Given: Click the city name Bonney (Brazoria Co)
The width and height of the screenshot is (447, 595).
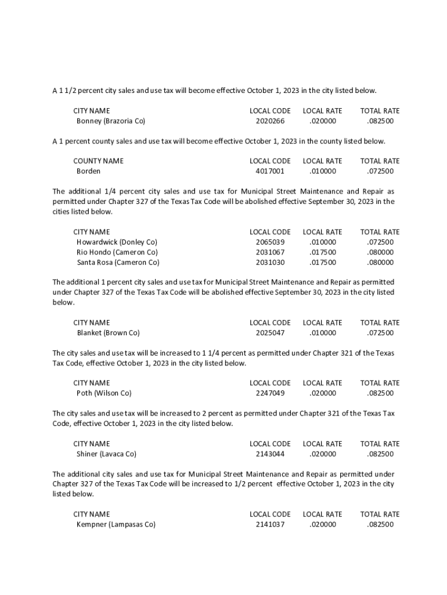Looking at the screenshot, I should [x=110, y=121].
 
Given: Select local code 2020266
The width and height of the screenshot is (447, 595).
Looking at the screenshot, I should [x=270, y=121].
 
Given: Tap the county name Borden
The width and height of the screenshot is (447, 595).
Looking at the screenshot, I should [x=88, y=171].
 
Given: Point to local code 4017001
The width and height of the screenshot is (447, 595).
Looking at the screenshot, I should [x=270, y=171].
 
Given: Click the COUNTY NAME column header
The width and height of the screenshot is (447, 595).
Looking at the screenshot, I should [x=98, y=160].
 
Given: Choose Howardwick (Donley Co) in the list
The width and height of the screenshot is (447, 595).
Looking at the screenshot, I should [x=117, y=242].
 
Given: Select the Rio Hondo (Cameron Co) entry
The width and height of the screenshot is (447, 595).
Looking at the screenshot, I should [x=117, y=252].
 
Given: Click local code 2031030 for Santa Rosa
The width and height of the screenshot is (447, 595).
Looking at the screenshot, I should [x=270, y=263].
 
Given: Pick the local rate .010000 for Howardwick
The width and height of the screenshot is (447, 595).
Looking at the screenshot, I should [x=322, y=242].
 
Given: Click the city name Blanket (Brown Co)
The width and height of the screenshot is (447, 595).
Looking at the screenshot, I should [x=108, y=333].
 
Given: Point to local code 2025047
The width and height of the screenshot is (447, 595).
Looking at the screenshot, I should [x=270, y=333].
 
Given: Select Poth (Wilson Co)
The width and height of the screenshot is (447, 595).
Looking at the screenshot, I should [x=104, y=393].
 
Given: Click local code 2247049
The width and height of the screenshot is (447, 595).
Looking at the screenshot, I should [x=270, y=393].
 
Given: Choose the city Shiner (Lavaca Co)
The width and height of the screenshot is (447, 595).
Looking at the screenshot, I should [x=106, y=454].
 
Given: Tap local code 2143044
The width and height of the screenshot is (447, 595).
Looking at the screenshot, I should [x=270, y=454].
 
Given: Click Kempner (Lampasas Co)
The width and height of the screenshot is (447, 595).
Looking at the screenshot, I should [x=116, y=525].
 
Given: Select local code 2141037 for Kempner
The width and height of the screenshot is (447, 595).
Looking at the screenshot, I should [x=270, y=525].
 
